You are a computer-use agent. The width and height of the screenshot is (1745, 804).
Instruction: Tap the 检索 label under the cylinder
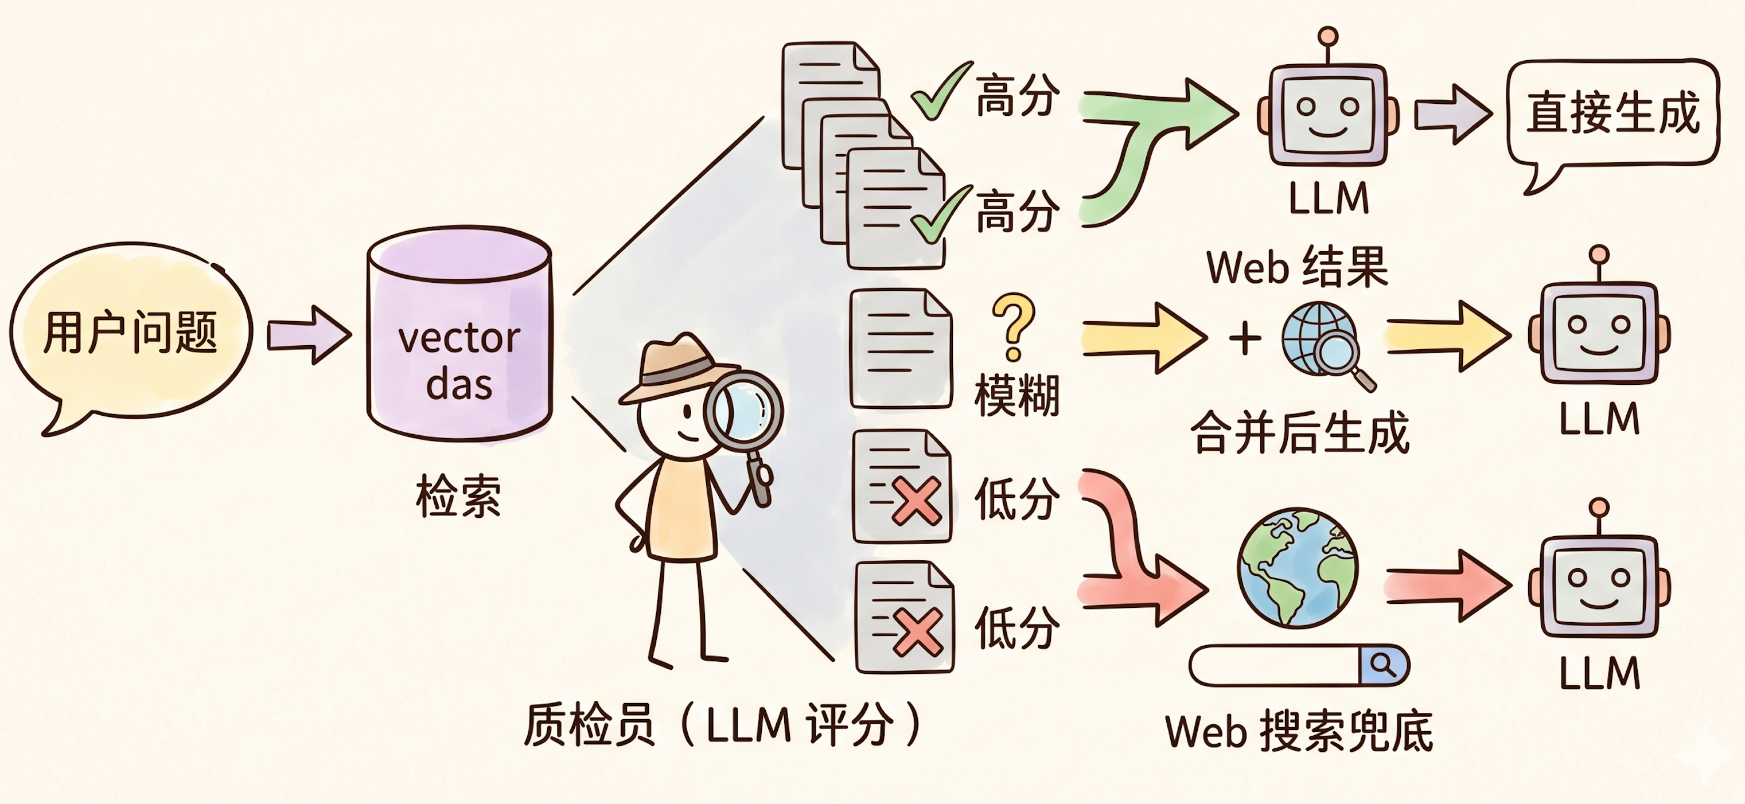click(x=458, y=497)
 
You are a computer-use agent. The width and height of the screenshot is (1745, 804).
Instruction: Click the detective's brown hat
click(x=677, y=369)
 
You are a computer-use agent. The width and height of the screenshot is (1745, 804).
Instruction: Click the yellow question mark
click(x=1014, y=326)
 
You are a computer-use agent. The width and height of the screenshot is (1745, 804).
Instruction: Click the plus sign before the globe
click(x=1245, y=338)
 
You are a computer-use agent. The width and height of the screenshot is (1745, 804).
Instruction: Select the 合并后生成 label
click(x=1300, y=432)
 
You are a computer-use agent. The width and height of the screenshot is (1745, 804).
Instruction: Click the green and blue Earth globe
click(x=1297, y=568)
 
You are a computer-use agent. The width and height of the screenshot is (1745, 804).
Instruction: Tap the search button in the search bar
click(x=1382, y=665)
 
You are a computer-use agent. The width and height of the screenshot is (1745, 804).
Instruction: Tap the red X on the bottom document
click(x=917, y=632)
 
